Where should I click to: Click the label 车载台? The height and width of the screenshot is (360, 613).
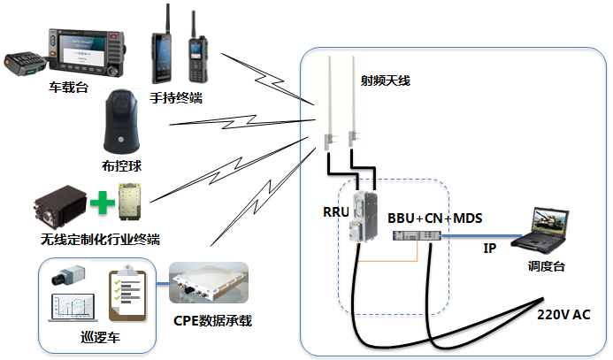click(x=68, y=88)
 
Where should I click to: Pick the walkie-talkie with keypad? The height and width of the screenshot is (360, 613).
click(x=195, y=53)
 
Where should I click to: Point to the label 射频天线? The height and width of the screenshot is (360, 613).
click(x=385, y=80)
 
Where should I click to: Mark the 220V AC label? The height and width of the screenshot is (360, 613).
click(x=563, y=315)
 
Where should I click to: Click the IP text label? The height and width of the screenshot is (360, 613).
click(x=489, y=249)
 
